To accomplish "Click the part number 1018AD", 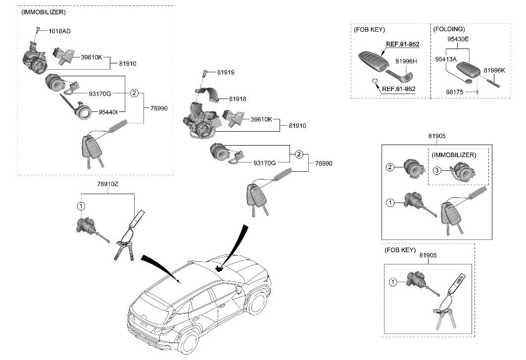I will tap(59, 31).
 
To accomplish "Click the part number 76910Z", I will tap(107, 184).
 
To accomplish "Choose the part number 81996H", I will tap(406, 61).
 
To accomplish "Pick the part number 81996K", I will tap(494, 70).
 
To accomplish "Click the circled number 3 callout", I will tap(436, 171).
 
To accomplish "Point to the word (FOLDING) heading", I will tap(449, 29).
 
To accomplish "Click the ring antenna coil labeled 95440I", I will tap(84, 112).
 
